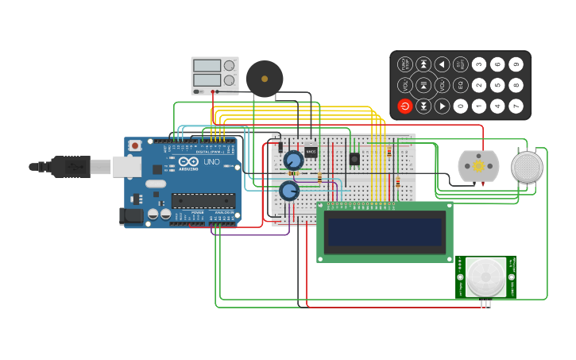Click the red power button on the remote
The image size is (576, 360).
[x=405, y=106]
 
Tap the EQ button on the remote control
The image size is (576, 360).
[x=460, y=85]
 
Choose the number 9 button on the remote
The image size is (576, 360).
[x=516, y=64]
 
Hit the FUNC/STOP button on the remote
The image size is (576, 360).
[x=405, y=64]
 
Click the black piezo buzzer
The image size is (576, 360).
[x=265, y=79]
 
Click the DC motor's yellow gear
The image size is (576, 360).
[x=478, y=166]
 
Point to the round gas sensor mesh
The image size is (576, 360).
[x=527, y=167]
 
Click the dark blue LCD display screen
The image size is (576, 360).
[x=385, y=232]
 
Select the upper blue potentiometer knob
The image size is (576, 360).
[x=292, y=160]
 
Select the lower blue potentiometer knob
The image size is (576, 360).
[x=288, y=191]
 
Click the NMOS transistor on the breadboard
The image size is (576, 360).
[x=311, y=152]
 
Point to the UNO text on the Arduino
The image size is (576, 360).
[x=212, y=162]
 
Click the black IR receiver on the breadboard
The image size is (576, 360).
[x=354, y=158]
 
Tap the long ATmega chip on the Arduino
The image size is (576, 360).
[x=203, y=200]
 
